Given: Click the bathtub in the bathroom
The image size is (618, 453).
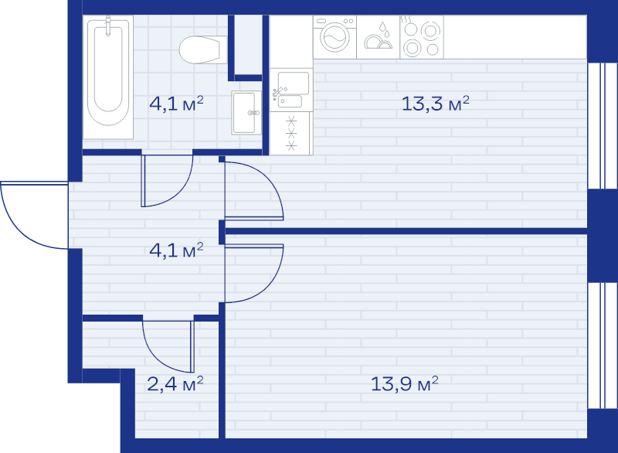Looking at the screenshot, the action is pyautogui.click(x=108, y=77).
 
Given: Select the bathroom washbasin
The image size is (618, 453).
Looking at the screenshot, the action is pyautogui.click(x=246, y=113).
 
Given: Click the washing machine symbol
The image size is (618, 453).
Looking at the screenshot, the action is pyautogui.click(x=334, y=37).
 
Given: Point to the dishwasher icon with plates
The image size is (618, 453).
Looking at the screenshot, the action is pyautogui.click(x=379, y=37).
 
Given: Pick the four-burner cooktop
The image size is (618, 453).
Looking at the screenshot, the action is pyautogui.click(x=422, y=37).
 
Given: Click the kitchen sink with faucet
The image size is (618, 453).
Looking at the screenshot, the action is pyautogui.click(x=291, y=90).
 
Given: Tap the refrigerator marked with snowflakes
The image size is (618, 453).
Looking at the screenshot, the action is pyautogui.click(x=291, y=133).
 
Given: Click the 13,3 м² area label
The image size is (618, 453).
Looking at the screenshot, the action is pyautogui.click(x=436, y=104).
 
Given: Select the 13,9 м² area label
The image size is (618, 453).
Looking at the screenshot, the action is pyautogui.click(x=404, y=383).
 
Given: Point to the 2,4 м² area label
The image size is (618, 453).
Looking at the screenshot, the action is pyautogui.click(x=175, y=383).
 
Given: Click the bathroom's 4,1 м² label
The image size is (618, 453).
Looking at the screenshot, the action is pyautogui.click(x=176, y=104).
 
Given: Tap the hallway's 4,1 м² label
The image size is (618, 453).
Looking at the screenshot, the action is pyautogui.click(x=176, y=250).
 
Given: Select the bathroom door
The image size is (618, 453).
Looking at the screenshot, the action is pyautogui.click(x=167, y=181).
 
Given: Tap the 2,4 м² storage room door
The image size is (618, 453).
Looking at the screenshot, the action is pyautogui.click(x=168, y=346).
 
